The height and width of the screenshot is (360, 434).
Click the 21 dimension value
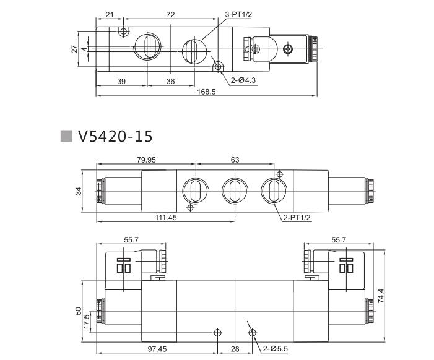click(x=110, y=14)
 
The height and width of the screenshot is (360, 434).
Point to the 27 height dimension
click(x=74, y=48)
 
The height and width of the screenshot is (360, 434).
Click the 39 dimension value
click(x=121, y=82)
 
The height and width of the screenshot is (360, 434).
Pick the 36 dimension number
click(x=170, y=82)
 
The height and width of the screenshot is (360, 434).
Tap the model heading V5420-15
click(x=115, y=136)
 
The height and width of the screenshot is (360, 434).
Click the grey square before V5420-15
click(x=66, y=136)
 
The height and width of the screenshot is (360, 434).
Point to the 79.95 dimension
click(x=146, y=160)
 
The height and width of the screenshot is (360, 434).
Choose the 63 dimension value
click(x=235, y=160)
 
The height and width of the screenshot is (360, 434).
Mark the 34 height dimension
click(x=79, y=191)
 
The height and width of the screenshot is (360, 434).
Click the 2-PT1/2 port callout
click(x=297, y=218)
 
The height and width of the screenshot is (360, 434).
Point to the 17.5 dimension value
click(x=87, y=322)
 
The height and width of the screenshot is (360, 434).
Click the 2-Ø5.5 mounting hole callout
click(x=274, y=349)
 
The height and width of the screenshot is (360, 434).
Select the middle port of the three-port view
click(x=233, y=189)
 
